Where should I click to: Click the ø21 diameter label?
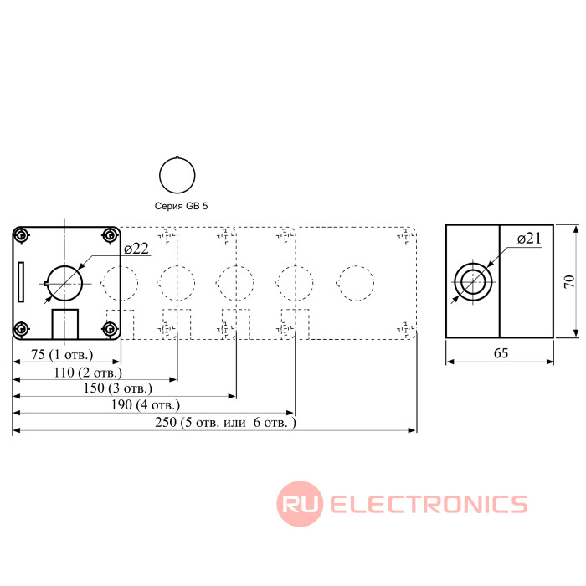pyautogui.click(x=530, y=239)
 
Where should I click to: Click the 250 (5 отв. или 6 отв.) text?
pyautogui.click(x=226, y=422)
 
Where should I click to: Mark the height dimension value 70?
pyautogui.click(x=568, y=282)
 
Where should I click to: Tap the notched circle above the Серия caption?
pyautogui.click(x=177, y=174)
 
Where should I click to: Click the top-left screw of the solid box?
pyautogui.click(x=23, y=235)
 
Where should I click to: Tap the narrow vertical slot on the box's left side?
pyautogui.click(x=21, y=282)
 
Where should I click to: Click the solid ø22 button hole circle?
pyautogui.click(x=64, y=282)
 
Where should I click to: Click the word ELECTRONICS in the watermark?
pyautogui.click(x=429, y=504)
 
